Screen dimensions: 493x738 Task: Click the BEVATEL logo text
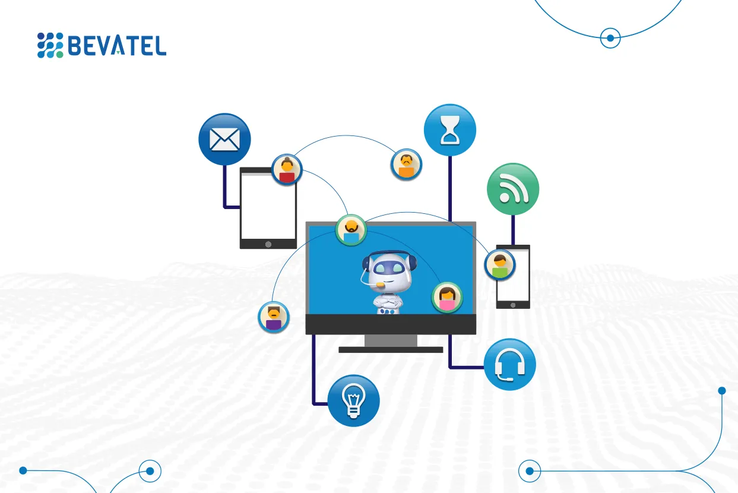click(117, 45)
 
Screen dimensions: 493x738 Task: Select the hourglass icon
click(449, 131)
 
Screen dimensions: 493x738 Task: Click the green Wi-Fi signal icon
click(512, 189)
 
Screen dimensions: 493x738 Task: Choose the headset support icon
click(509, 364)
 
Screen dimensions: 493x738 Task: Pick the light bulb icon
click(353, 400)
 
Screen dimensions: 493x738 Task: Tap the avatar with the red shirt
click(287, 169)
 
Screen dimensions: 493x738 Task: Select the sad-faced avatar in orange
click(406, 164)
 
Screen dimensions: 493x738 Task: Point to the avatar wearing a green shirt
click(500, 264)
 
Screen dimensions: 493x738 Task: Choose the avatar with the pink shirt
click(447, 297)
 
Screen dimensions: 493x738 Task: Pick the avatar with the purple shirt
click(274, 317)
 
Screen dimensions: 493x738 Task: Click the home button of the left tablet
click(268, 244)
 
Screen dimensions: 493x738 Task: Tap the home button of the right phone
click(513, 304)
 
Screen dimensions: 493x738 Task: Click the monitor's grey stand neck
click(391, 340)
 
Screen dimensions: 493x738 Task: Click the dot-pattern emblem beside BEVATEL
click(50, 45)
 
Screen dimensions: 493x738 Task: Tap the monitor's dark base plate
click(391, 350)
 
